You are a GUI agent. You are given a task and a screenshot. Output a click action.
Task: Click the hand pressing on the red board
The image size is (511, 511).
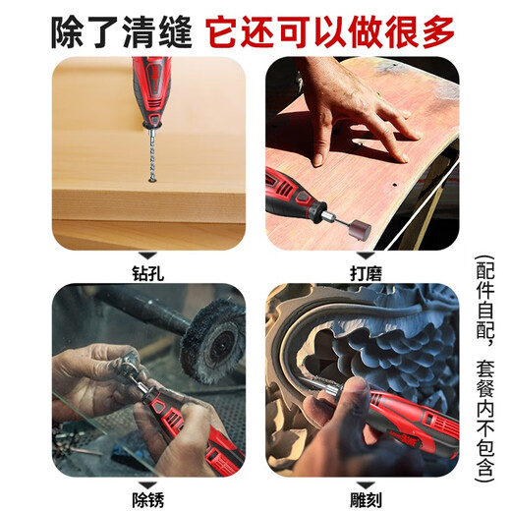(354, 108)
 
